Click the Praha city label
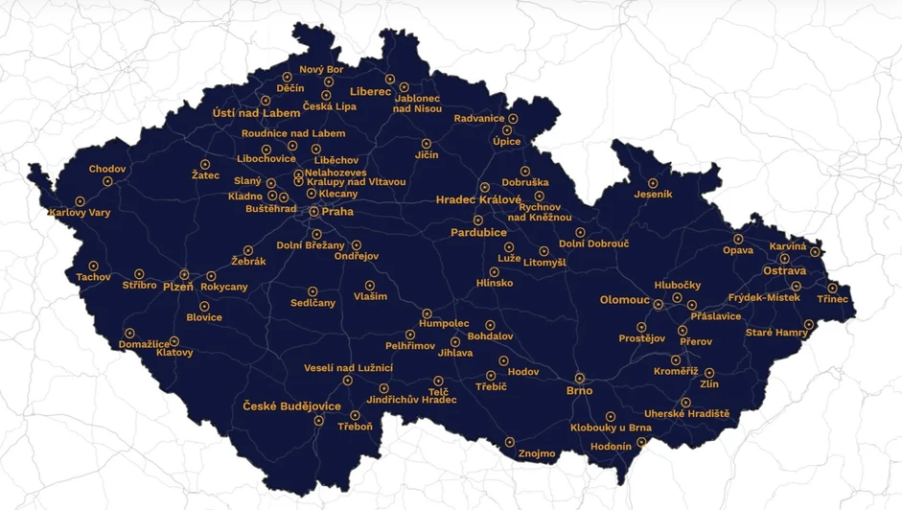pyautogui.click(x=337, y=212)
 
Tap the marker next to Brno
pyautogui.click(x=580, y=379)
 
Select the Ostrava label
pyautogui.click(x=784, y=271)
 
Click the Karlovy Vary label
pyautogui.click(x=80, y=213)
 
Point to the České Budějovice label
pyautogui.click(x=291, y=406)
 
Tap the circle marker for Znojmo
pyautogui.click(x=510, y=443)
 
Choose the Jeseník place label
pyautogui.click(x=653, y=195)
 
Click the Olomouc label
pyautogui.click(x=625, y=300)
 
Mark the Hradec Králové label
pyautogui.click(x=478, y=199)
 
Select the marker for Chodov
pyautogui.click(x=107, y=181)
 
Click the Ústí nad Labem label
pyautogui.click(x=256, y=113)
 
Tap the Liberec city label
pyautogui.click(x=370, y=92)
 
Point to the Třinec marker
pyautogui.click(x=833, y=288)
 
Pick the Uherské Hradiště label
pyautogui.click(x=686, y=414)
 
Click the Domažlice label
pyautogui.click(x=145, y=343)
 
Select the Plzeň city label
pyautogui.click(x=177, y=287)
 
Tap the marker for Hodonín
pyautogui.click(x=642, y=443)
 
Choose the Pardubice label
pyautogui.click(x=478, y=233)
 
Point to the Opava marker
pyautogui.click(x=739, y=240)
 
